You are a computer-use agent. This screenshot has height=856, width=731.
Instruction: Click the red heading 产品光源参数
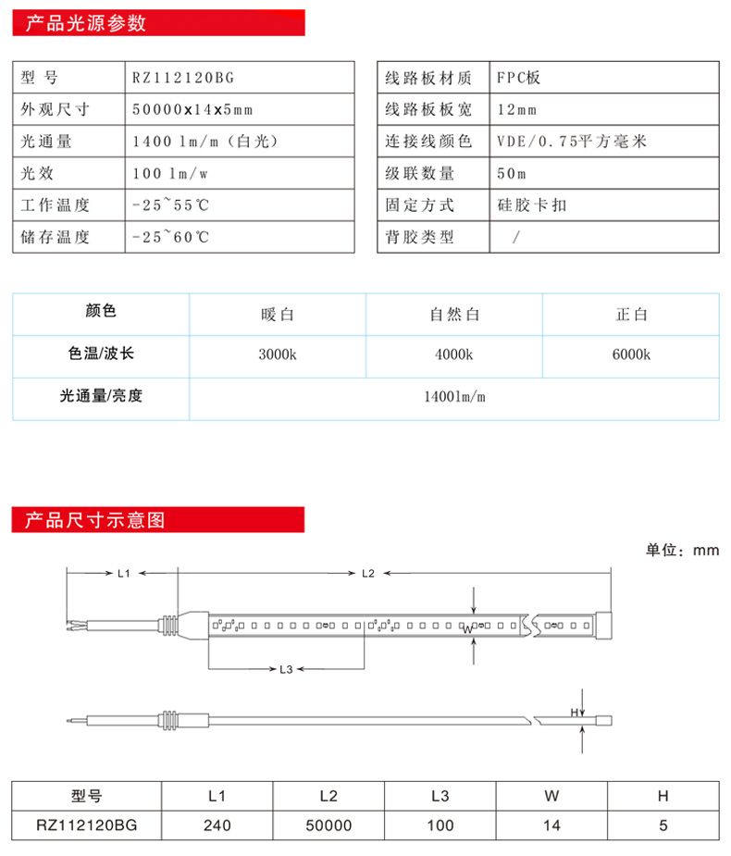pos(86,24)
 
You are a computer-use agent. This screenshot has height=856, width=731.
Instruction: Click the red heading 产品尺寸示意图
pos(95,520)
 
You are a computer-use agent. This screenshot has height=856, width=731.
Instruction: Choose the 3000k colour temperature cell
pos(278,355)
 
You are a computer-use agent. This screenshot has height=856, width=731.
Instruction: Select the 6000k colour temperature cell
pos(631,355)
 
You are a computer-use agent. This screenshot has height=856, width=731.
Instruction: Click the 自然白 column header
pos(454,315)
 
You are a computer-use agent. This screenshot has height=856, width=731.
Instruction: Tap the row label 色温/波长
pos(101,354)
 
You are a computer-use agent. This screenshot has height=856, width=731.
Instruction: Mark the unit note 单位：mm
pos(682,551)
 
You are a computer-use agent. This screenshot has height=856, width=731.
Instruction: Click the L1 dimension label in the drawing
pos(124,574)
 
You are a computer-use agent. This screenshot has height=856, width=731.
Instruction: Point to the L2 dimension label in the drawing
pos(367,574)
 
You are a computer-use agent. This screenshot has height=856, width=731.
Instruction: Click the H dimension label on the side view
pos(574,712)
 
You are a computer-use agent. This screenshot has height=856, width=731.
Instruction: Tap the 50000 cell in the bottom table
pos(328,825)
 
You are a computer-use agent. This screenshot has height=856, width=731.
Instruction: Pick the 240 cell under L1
pos(217,825)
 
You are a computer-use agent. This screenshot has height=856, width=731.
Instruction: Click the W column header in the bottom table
pos(552,795)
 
